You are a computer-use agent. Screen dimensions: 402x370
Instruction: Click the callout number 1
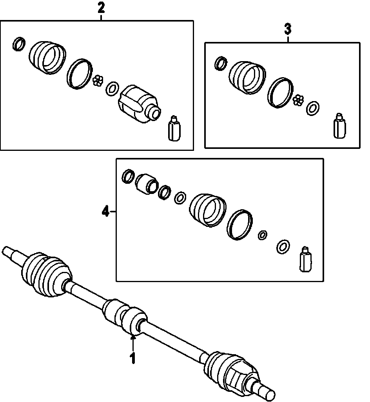(x=133, y=358)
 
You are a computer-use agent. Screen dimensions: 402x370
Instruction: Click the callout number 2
(x=101, y=8)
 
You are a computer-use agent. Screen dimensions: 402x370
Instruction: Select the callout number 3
(x=288, y=29)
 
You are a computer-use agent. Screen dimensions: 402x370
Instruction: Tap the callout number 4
(x=105, y=212)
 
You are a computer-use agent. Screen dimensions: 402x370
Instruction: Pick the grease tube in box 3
(x=340, y=125)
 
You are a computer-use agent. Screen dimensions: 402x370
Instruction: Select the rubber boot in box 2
(x=47, y=57)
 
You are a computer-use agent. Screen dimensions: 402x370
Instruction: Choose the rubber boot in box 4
(x=208, y=210)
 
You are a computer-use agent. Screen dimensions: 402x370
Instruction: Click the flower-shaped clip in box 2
(x=98, y=81)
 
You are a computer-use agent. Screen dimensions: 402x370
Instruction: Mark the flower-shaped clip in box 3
(x=299, y=100)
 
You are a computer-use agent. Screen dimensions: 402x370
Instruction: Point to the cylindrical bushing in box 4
(x=147, y=183)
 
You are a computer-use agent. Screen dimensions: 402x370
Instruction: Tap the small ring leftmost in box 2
(x=18, y=43)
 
